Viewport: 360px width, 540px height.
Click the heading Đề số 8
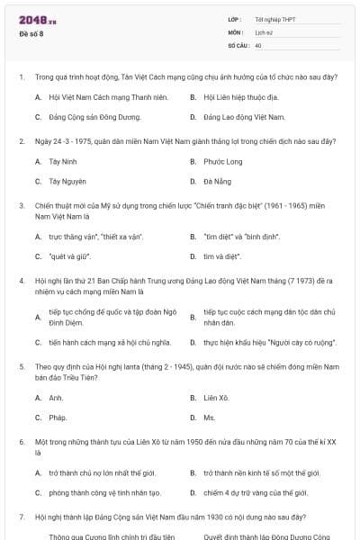tap(31, 33)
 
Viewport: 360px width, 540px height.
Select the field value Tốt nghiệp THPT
tap(274, 19)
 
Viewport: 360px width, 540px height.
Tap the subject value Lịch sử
tap(264, 31)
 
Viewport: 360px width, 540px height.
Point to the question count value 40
tap(258, 44)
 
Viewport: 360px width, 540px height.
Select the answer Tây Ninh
tap(63, 162)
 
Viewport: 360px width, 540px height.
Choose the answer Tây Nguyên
tap(67, 182)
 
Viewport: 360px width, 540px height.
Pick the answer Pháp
tap(58, 418)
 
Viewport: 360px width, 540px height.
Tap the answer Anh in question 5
tap(56, 397)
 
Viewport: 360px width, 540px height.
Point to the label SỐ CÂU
tap(238, 44)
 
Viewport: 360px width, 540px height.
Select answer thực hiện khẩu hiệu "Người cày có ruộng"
tap(262, 342)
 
